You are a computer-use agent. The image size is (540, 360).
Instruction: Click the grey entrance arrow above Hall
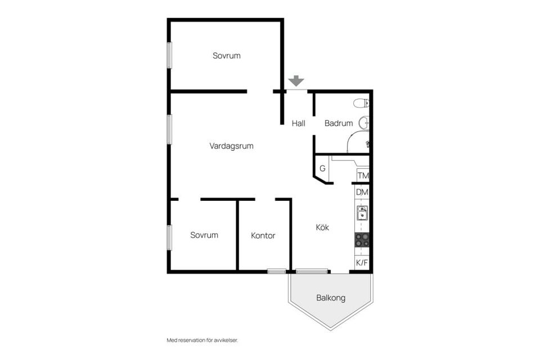tap(296, 81)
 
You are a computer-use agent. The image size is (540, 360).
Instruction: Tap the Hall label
tap(299, 123)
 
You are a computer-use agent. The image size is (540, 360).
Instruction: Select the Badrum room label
tap(339, 123)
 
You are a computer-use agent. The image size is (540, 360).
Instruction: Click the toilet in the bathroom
tap(361, 103)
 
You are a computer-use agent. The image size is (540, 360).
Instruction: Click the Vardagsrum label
tap(231, 146)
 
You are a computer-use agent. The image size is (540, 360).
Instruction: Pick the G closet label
tap(322, 168)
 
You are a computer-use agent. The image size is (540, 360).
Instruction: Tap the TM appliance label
tap(363, 175)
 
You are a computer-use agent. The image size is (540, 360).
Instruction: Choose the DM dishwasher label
tap(362, 192)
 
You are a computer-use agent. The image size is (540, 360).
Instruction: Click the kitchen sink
tap(362, 213)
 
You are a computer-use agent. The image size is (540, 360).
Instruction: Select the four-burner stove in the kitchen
tap(362, 240)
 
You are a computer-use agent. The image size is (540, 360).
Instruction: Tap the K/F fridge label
tap(362, 263)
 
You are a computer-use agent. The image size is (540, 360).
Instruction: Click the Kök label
tap(322, 227)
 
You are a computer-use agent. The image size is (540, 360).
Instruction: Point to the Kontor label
tap(263, 236)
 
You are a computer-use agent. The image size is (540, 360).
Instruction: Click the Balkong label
tap(331, 298)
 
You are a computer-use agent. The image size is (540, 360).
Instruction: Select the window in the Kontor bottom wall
tap(277, 272)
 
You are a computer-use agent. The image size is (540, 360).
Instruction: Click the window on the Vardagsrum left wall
tap(169, 129)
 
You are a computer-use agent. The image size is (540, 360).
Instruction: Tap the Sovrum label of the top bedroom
tap(227, 56)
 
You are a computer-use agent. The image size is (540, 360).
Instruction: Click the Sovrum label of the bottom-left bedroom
tap(204, 235)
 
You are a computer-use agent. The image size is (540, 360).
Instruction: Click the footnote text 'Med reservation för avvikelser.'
tap(202, 340)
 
